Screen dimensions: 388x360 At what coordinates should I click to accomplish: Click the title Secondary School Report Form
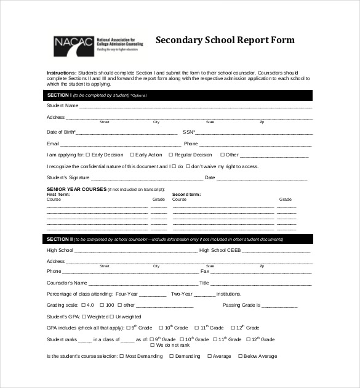click(x=225, y=41)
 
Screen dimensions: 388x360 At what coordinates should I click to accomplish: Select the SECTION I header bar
click(x=180, y=95)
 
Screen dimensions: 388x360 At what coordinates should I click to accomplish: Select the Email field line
click(x=114, y=144)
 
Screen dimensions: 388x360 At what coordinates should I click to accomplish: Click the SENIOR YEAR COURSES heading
click(x=76, y=190)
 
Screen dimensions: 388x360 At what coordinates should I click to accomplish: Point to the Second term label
click(x=186, y=194)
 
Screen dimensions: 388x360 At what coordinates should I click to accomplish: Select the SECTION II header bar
click(x=180, y=239)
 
